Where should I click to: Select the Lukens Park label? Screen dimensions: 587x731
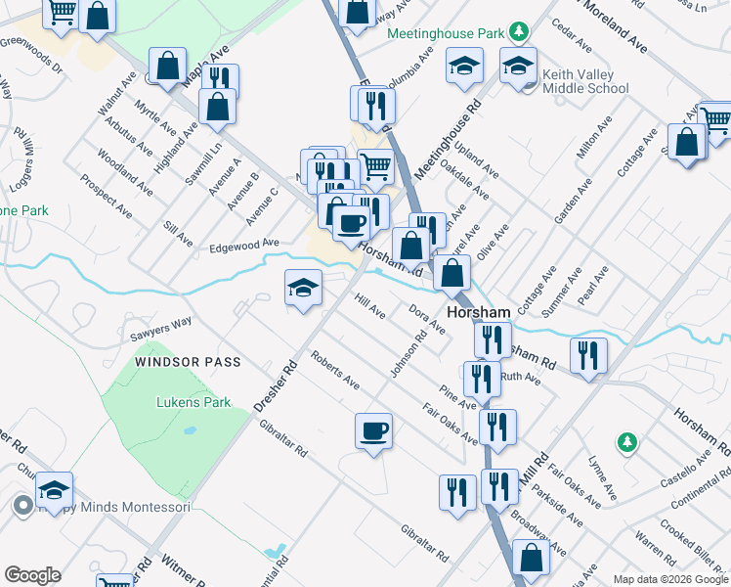click(x=193, y=402)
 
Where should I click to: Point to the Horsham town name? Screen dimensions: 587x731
click(x=479, y=312)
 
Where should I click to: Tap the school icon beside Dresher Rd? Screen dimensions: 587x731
click(x=303, y=288)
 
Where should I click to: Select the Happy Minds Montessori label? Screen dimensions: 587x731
click(x=114, y=507)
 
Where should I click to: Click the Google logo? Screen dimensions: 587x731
click(x=32, y=575)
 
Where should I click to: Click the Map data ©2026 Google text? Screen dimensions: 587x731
click(x=669, y=579)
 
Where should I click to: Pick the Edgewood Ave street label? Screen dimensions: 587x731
click(x=244, y=245)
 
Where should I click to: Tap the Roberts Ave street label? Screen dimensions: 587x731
click(x=335, y=371)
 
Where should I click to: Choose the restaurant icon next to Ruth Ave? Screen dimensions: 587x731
click(x=481, y=378)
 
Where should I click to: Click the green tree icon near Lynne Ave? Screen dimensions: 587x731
click(x=626, y=443)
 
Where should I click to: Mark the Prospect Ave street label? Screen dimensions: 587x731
click(x=107, y=195)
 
